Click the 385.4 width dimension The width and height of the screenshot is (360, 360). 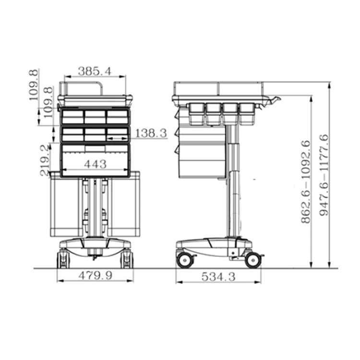pyautogui.click(x=95, y=71)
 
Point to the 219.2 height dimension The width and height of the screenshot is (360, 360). pyautogui.click(x=45, y=160)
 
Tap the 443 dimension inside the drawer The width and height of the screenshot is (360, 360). pyautogui.click(x=95, y=164)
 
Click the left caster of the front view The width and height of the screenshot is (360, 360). pyautogui.click(x=63, y=259)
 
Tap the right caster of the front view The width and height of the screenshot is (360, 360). pyautogui.click(x=127, y=259)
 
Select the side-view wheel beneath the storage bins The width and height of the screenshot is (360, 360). pyautogui.click(x=184, y=260)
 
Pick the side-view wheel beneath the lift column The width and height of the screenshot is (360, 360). pyautogui.click(x=252, y=260)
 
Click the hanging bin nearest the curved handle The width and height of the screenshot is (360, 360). pyautogui.click(x=247, y=113)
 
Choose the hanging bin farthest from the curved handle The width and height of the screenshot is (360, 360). pyautogui.click(x=196, y=113)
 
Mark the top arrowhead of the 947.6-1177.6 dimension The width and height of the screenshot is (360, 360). pyautogui.click(x=329, y=85)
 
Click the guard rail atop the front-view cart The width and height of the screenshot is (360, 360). pyautogui.click(x=82, y=88)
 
